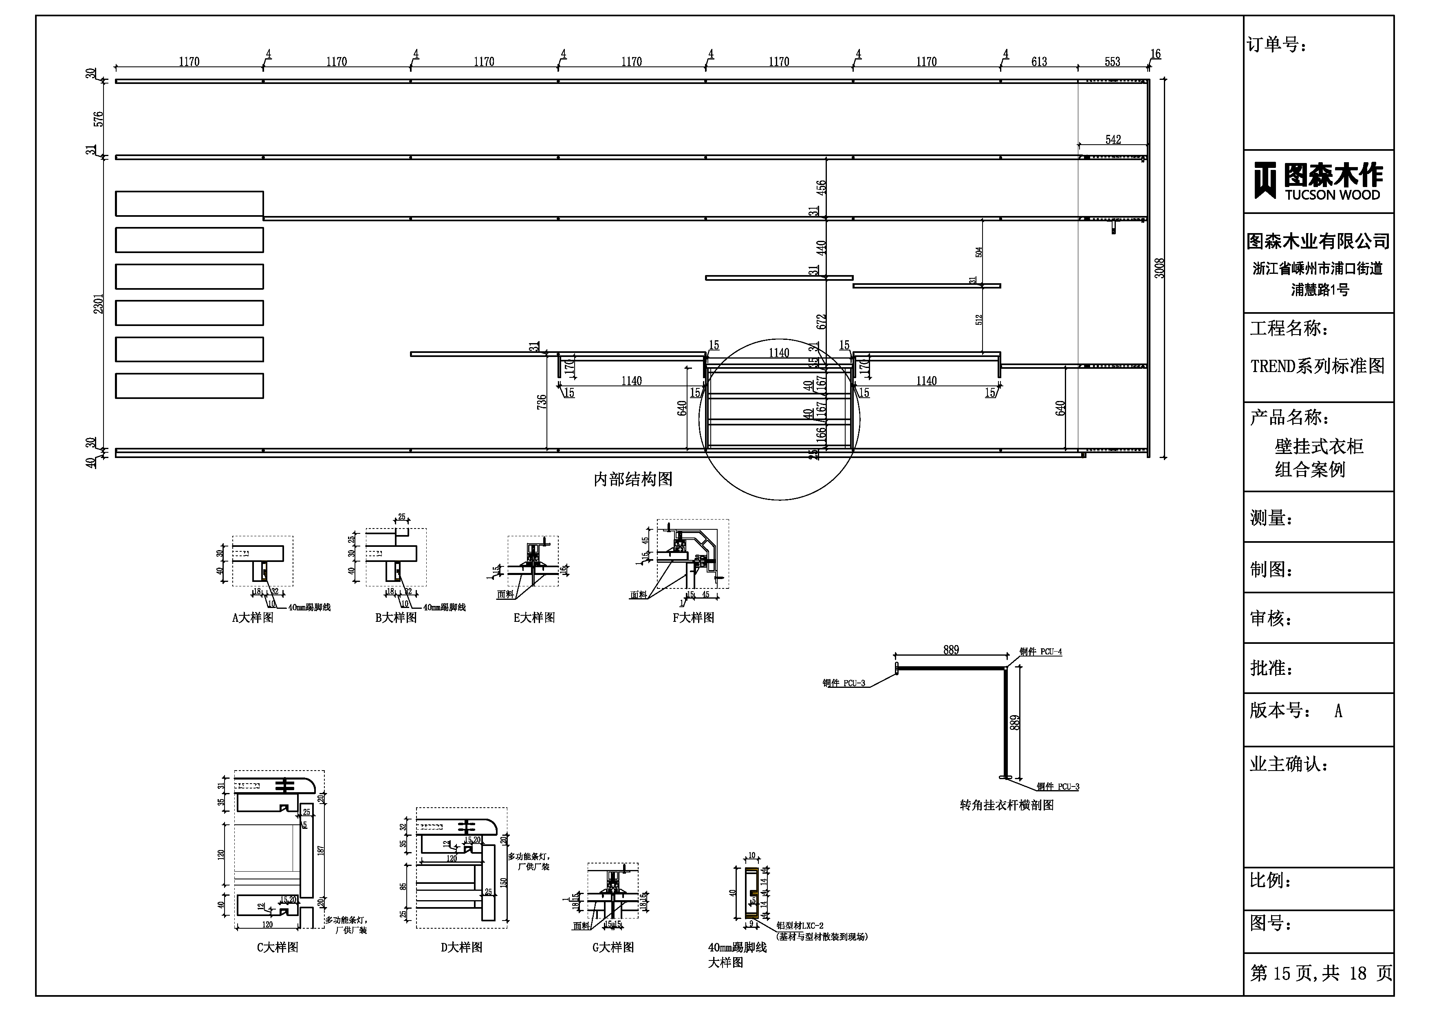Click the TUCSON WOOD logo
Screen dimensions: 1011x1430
[x=1318, y=181]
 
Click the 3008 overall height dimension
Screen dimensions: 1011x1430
[x=1159, y=269]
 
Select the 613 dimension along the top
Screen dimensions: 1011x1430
[x=1039, y=62]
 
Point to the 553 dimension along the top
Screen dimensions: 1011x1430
[x=1113, y=62]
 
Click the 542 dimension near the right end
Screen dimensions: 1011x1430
[x=1113, y=139]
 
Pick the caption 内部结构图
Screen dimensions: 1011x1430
[x=633, y=479]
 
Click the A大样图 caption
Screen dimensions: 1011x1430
[x=253, y=618]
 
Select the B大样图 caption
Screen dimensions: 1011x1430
[x=396, y=618]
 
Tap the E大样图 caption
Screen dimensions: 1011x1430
[x=534, y=618]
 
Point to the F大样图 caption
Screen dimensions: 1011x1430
[x=693, y=618]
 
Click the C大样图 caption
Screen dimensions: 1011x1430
[x=278, y=947]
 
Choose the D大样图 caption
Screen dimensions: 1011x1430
[x=461, y=947]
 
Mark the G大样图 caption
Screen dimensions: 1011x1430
[x=613, y=947]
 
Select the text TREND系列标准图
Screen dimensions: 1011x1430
[x=1317, y=366]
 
